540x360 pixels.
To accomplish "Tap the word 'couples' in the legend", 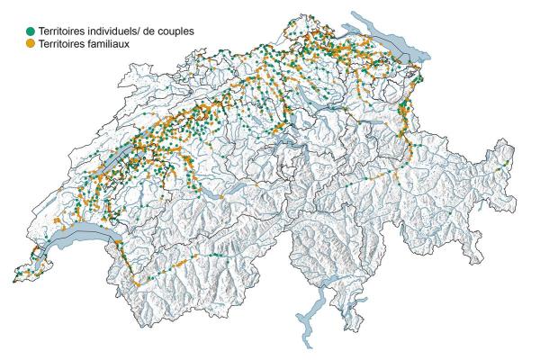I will (173, 31).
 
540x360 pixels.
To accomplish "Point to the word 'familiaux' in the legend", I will (115, 42).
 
